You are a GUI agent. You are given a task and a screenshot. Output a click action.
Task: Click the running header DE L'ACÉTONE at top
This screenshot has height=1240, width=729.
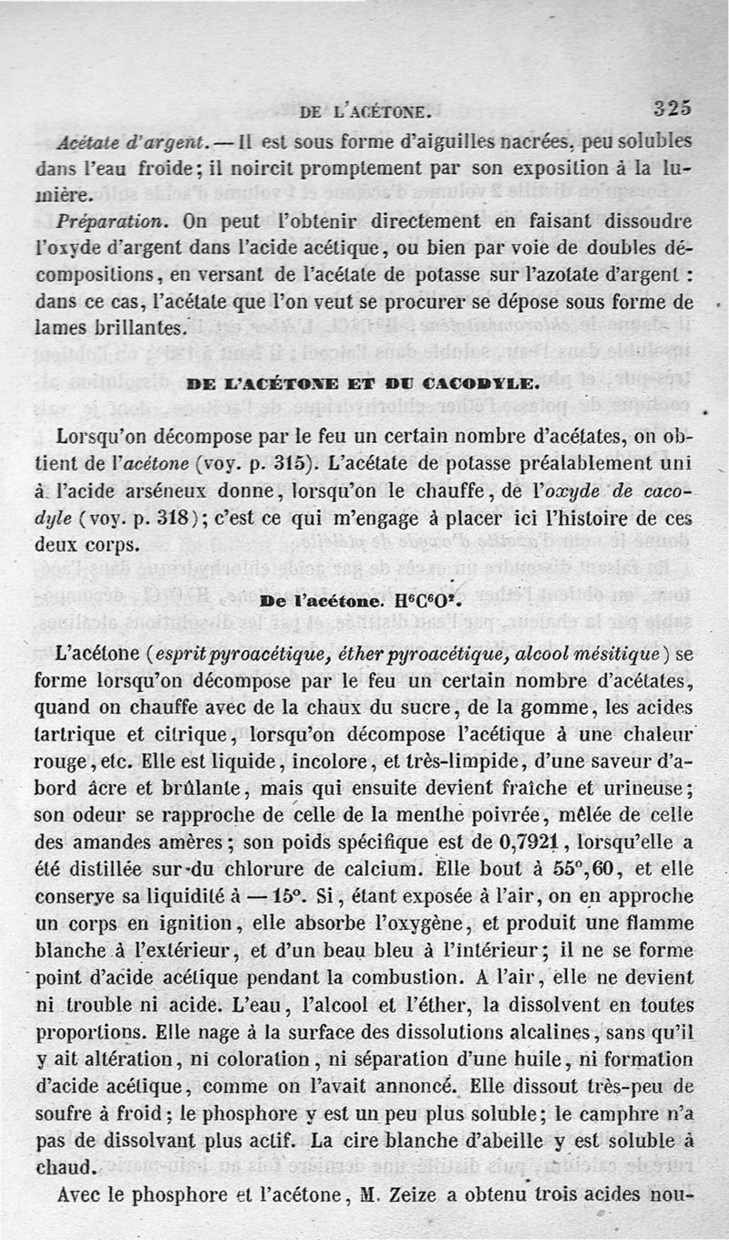point(364,113)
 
